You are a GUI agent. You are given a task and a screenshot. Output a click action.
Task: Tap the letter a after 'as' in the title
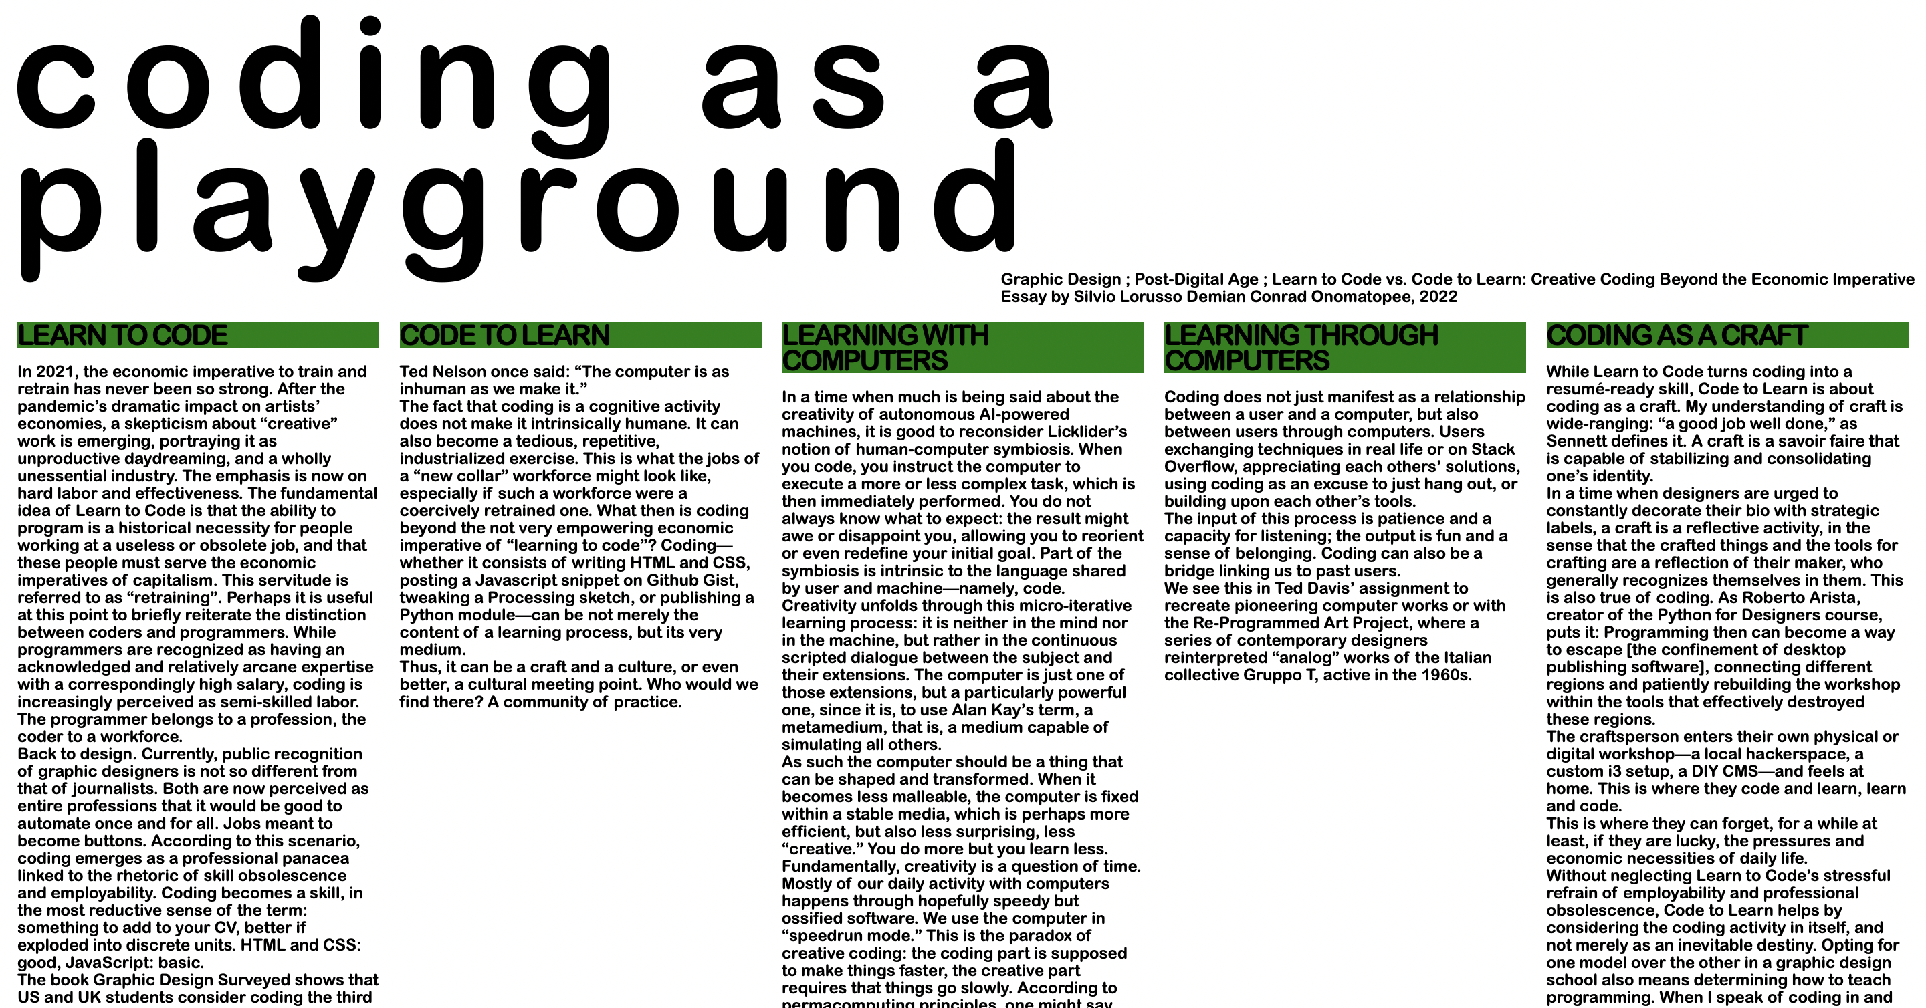(x=1014, y=86)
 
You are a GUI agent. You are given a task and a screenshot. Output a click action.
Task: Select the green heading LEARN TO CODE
(x=122, y=336)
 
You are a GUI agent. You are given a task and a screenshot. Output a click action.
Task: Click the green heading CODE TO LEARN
(x=505, y=336)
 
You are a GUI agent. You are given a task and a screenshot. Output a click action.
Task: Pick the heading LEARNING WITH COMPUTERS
(x=885, y=348)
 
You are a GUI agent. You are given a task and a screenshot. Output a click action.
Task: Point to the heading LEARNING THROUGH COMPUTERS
(x=1301, y=348)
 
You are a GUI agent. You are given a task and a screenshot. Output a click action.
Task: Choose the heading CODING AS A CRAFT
(x=1677, y=336)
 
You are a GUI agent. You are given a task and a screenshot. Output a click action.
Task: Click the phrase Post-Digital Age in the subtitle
(x=1196, y=279)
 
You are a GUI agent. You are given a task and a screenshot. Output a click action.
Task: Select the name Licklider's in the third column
(x=1087, y=432)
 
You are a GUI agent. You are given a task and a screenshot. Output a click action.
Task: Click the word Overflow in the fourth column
(x=1198, y=467)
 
